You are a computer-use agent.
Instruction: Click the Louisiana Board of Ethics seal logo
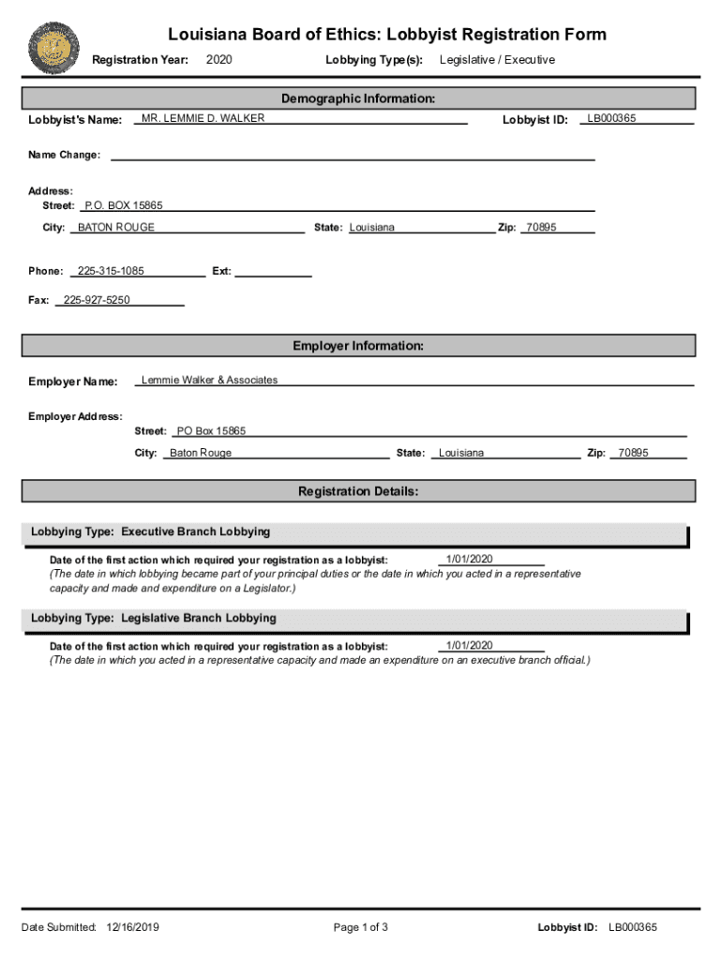(x=54, y=48)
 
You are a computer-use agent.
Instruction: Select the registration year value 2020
(x=218, y=60)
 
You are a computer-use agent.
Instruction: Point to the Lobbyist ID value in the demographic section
(x=611, y=118)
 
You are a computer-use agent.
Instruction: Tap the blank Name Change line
(x=353, y=156)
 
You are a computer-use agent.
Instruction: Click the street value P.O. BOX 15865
(x=123, y=205)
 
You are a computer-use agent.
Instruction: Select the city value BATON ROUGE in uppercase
(x=116, y=228)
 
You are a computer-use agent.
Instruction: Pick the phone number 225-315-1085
(x=111, y=271)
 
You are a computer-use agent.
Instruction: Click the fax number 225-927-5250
(x=97, y=300)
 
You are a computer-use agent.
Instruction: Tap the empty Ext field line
(x=272, y=272)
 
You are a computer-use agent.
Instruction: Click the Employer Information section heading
(x=358, y=346)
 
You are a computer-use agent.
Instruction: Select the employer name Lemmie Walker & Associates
(x=209, y=380)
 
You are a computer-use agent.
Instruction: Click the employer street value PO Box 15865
(x=211, y=431)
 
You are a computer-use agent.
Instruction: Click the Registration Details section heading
(x=358, y=491)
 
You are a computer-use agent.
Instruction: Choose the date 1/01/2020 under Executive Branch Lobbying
(x=469, y=559)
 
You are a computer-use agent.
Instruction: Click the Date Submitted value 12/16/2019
(x=133, y=927)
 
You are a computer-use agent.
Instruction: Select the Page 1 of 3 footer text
(x=360, y=927)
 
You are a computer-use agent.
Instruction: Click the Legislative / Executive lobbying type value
(x=497, y=60)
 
